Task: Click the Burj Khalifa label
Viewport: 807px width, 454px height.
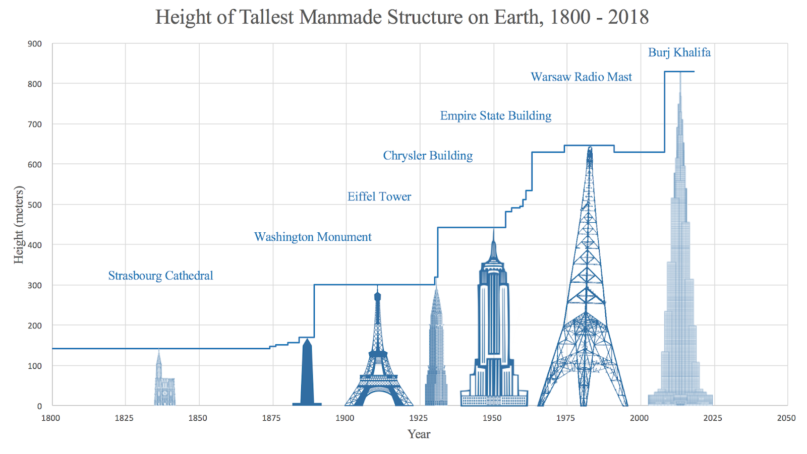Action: (679, 52)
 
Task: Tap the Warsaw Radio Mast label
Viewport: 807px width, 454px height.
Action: (581, 77)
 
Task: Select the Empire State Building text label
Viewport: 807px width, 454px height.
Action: (495, 116)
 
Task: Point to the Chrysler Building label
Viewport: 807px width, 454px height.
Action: (428, 156)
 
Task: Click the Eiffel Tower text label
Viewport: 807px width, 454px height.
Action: (379, 197)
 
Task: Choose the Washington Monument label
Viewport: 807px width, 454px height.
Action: (313, 237)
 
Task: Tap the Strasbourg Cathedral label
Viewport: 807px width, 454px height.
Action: (160, 276)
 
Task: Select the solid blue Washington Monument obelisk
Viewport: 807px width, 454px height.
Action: (307, 375)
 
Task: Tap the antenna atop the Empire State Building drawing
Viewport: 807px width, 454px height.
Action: (493, 234)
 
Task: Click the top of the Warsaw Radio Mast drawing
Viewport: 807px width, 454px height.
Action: (590, 150)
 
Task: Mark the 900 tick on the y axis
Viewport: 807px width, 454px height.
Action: (34, 44)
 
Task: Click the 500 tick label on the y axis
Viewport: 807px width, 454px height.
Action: (34, 205)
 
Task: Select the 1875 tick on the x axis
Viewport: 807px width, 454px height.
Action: (271, 418)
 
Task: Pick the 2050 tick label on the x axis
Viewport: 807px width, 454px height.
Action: (786, 418)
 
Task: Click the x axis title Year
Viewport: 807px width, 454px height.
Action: (419, 434)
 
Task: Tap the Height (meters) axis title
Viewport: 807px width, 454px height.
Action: (19, 225)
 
